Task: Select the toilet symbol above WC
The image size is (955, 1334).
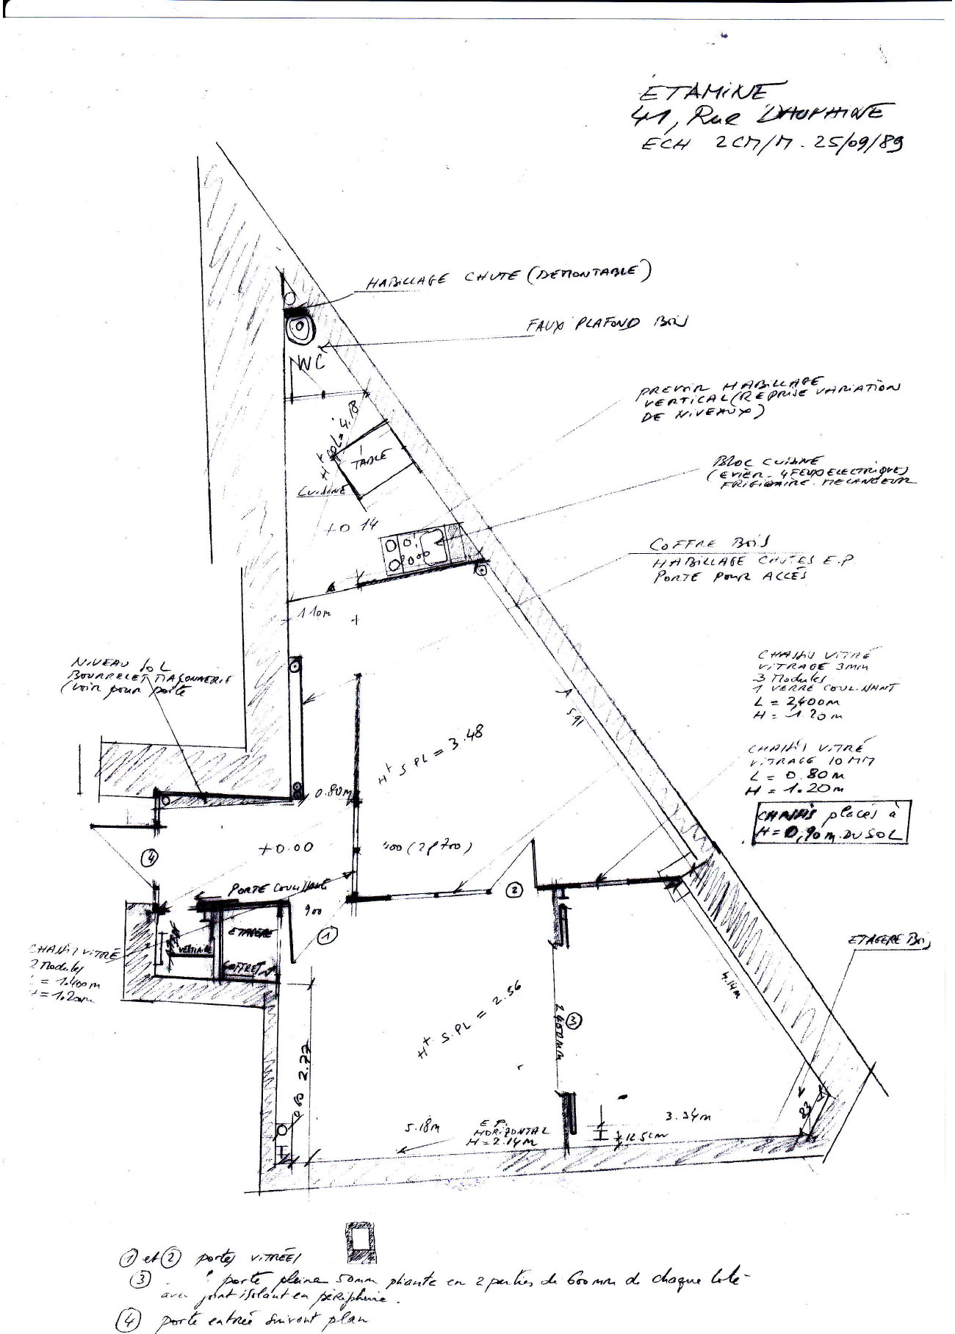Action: pos(300,329)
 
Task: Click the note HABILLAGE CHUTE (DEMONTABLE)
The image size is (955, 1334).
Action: pos(507,277)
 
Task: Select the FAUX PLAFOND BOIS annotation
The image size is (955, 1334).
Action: pos(605,324)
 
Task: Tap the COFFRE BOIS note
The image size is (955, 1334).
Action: pos(709,544)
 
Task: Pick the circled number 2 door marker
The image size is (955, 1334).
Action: pos(515,890)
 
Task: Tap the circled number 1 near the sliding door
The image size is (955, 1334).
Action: pos(328,935)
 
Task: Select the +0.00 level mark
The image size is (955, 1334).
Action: pos(286,847)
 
